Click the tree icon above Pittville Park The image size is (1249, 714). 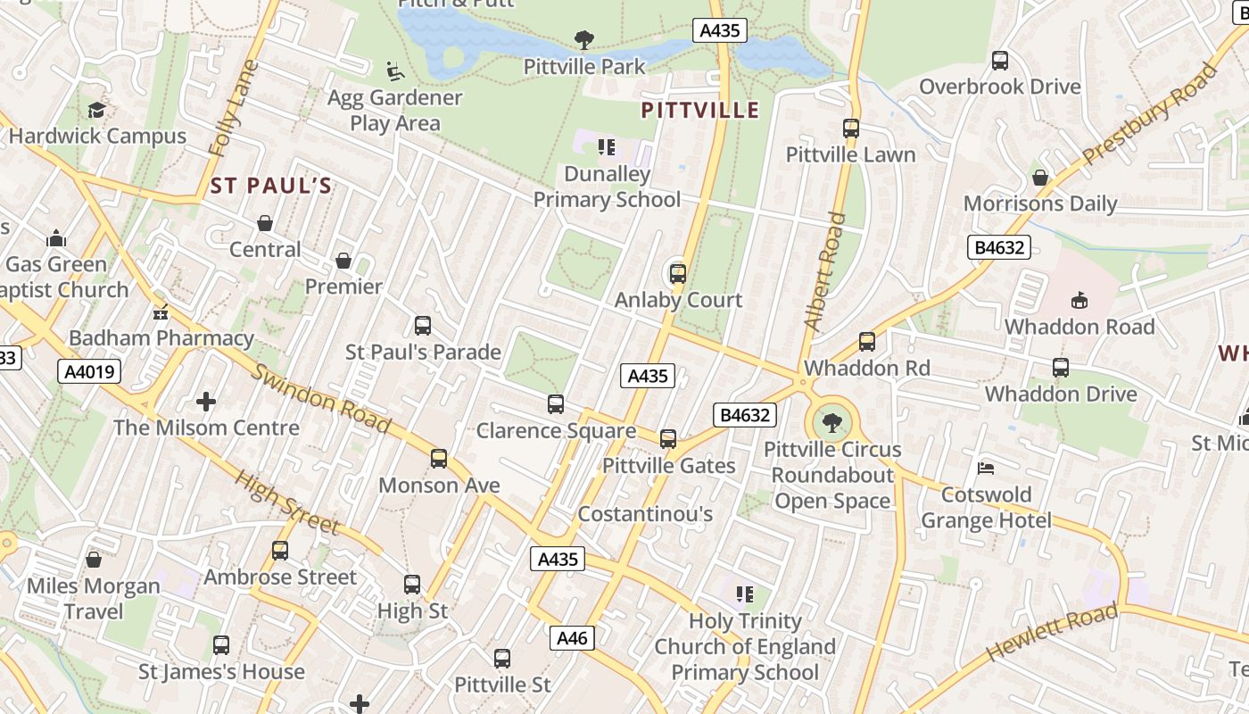pos(584,39)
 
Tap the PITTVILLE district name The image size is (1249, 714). pos(700,111)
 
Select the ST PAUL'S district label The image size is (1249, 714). pos(271,186)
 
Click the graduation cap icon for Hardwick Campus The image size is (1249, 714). pos(96,110)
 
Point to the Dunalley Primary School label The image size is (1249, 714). pos(607,187)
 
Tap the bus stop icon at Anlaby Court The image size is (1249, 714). pos(678,274)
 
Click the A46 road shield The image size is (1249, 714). pos(572,637)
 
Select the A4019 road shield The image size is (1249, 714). pos(90,371)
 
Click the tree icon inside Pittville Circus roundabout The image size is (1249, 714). pos(832,422)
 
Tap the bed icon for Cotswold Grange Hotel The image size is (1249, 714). pos(986,468)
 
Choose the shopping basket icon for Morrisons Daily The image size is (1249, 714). pos(1039,178)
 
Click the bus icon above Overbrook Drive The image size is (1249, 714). pos(1000,61)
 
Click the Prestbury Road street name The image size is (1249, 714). pos(1150,113)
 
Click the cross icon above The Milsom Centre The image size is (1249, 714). pos(206,402)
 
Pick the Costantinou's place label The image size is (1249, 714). pos(645,514)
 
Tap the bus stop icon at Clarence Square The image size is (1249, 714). pos(556,404)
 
